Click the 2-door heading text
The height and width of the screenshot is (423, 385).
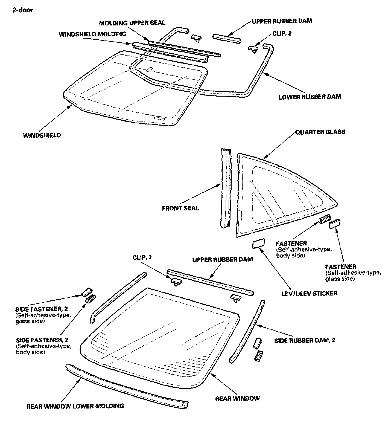23,10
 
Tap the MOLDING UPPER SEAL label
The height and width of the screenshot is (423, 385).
132,22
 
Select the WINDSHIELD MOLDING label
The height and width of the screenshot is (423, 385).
92,34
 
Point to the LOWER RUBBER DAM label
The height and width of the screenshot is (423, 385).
310,97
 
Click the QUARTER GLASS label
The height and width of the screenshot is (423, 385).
320,132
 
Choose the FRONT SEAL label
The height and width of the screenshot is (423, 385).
180,208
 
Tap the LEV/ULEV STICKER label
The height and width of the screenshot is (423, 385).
309,293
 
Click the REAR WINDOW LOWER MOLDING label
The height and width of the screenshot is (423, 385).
75,406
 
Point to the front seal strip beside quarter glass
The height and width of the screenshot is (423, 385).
226,189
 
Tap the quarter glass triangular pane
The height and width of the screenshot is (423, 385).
273,197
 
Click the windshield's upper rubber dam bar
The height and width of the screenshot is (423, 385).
226,38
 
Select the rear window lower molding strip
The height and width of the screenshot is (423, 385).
126,386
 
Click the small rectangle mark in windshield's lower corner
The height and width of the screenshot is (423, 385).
159,118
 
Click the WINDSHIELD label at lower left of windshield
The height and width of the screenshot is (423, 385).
42,135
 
